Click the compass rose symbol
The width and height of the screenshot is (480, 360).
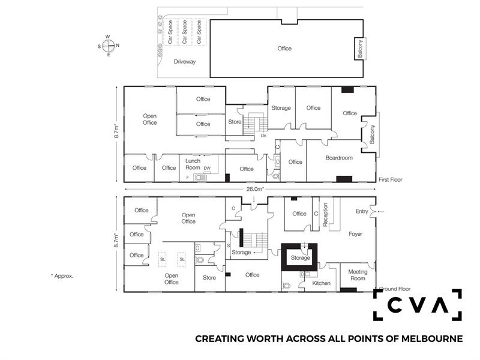[109, 46]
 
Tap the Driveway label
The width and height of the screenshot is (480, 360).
[185, 62]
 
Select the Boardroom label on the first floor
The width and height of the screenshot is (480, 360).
[339, 158]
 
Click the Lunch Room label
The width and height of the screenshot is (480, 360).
[193, 164]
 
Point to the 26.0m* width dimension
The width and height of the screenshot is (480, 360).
[255, 189]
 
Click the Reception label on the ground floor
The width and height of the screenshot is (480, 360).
[325, 214]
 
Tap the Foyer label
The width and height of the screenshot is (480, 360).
[355, 234]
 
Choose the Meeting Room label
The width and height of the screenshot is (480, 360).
[358, 275]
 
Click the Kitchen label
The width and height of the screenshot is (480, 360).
[321, 283]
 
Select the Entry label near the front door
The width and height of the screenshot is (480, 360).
[362, 211]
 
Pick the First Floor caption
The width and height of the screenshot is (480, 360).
[391, 179]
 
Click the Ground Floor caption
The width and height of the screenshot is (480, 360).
[395, 289]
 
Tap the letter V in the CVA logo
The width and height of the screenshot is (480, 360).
[417, 305]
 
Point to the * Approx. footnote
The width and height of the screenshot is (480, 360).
[62, 276]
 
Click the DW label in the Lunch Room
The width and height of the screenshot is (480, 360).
[207, 168]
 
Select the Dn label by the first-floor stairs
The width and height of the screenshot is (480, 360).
[263, 136]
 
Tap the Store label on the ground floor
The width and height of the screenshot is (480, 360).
[209, 278]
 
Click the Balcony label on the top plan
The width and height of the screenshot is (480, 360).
[360, 49]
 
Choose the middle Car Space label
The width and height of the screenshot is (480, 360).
[184, 32]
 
